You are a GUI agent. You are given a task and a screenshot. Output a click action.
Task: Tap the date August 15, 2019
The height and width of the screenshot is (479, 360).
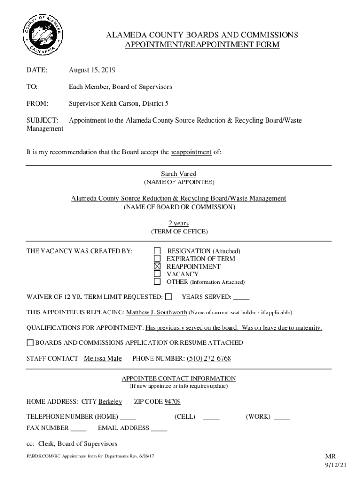(92, 70)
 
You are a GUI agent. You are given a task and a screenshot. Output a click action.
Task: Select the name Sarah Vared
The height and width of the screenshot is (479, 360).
(179, 174)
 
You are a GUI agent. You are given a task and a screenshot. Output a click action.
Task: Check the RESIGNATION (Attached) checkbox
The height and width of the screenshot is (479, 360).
(158, 251)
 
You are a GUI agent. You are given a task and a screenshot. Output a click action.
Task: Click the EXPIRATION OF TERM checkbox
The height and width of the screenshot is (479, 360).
(158, 259)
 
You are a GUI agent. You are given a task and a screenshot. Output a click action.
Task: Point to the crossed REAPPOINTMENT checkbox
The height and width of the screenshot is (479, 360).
(158, 267)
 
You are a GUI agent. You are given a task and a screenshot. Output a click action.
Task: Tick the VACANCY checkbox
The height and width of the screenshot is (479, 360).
(158, 274)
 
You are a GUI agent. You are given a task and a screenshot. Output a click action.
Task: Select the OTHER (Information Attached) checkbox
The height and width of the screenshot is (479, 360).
(158, 282)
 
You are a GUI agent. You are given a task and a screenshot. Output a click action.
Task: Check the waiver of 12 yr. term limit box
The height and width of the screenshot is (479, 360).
(168, 297)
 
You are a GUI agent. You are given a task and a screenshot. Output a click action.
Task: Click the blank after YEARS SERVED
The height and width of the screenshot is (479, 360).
(241, 298)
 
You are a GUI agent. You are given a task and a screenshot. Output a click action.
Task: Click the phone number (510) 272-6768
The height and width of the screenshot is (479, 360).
(209, 359)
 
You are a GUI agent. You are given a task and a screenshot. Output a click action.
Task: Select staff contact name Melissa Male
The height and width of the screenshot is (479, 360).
(103, 359)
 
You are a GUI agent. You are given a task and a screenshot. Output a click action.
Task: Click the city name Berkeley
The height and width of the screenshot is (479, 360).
(110, 402)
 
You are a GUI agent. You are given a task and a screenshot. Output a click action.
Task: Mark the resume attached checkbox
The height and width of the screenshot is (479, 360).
(30, 343)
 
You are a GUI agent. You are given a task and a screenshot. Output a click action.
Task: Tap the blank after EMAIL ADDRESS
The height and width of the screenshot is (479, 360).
(159, 428)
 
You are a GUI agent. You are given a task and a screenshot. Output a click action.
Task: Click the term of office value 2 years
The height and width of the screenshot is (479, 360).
(179, 224)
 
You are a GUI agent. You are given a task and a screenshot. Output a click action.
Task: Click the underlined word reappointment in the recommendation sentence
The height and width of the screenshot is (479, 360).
(191, 152)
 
